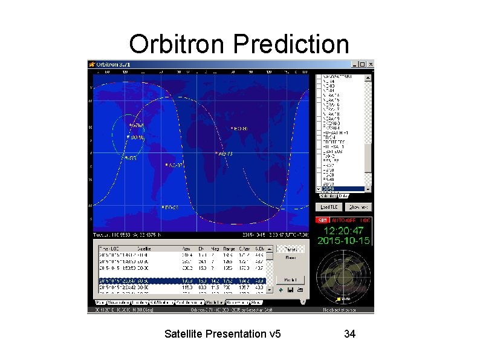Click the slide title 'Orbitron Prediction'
tap(239, 44)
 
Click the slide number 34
tap(349, 333)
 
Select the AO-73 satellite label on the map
tap(225, 154)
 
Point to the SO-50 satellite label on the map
tap(137, 137)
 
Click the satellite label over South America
tap(175, 165)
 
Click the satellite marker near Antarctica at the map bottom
tap(170, 208)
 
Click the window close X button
tap(370, 64)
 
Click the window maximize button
tap(363, 64)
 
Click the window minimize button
tap(355, 64)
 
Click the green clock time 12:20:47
tap(344, 231)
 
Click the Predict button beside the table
tap(290, 280)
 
